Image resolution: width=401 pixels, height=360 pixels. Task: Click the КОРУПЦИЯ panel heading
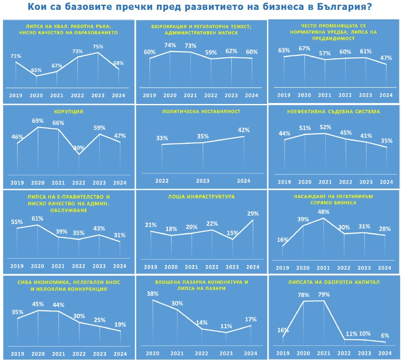pos(68,112)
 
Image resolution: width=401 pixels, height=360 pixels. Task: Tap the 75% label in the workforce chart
pos(98,47)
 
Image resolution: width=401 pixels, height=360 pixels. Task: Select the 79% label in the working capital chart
pos(324,295)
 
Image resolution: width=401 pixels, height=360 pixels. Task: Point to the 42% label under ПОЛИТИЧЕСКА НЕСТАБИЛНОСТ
pos(244,130)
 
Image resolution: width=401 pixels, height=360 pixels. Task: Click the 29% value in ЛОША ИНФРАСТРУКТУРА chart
pos(253,214)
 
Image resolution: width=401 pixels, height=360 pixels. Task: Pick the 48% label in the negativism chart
pos(324,212)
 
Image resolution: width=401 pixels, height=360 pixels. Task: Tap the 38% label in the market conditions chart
pos(153,294)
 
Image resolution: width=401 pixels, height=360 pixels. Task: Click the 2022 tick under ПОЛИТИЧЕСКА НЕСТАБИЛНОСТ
pos(162,181)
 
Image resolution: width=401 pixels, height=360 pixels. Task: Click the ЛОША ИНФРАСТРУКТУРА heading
pos(201,196)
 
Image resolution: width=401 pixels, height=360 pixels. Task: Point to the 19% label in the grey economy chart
pos(120,325)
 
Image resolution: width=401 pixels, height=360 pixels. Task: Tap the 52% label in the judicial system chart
pos(325,127)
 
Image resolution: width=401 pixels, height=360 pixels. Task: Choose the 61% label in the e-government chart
pos(38,219)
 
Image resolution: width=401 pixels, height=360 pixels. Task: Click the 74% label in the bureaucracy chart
pos(170,45)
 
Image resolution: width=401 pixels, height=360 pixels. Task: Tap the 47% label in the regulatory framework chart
pos(386,58)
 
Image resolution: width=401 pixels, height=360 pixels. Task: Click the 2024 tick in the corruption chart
pos(120,183)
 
